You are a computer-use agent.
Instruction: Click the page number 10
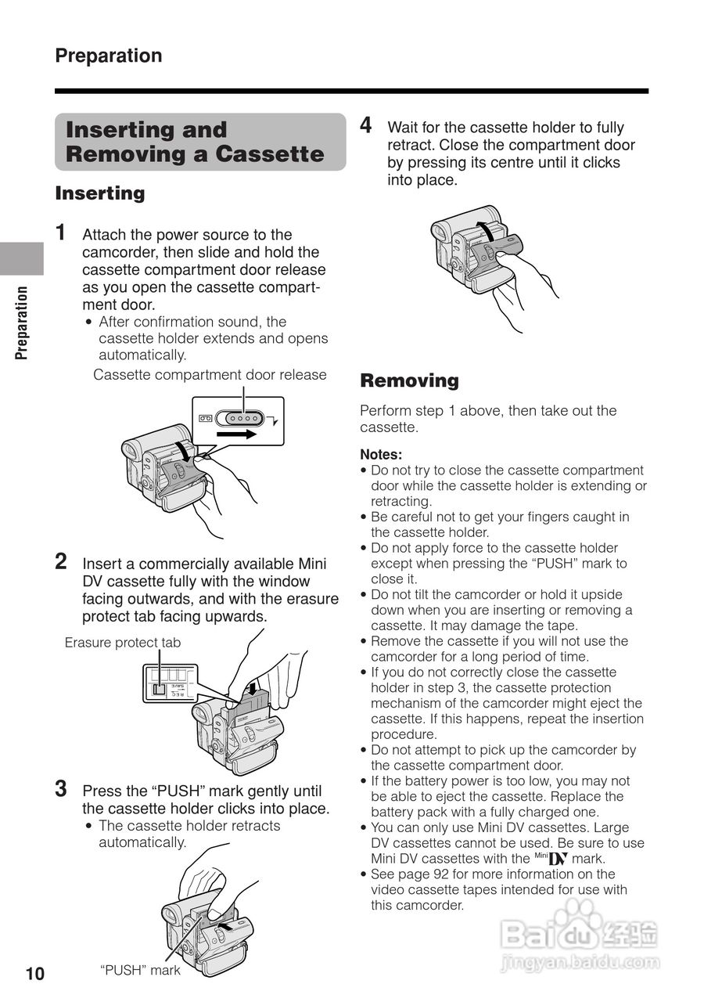(x=35, y=974)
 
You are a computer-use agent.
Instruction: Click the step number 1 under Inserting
(x=60, y=232)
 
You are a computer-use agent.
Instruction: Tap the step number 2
(x=61, y=561)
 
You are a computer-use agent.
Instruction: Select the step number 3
(x=60, y=788)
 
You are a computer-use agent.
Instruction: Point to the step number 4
(x=365, y=125)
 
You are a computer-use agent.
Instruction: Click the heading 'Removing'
(x=409, y=381)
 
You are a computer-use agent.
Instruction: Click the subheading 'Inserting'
(x=100, y=193)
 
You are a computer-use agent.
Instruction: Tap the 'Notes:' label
(x=381, y=454)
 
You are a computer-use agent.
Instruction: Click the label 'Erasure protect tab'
(x=123, y=643)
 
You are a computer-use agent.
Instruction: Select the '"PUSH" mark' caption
(x=140, y=971)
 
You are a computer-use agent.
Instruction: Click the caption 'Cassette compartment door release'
(x=210, y=375)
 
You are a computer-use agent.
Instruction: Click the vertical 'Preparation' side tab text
(x=22, y=322)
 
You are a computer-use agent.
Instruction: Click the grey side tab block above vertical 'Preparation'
(x=21, y=258)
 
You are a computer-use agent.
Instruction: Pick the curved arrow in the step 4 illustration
(x=485, y=230)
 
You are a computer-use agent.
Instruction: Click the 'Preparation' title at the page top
(x=109, y=56)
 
